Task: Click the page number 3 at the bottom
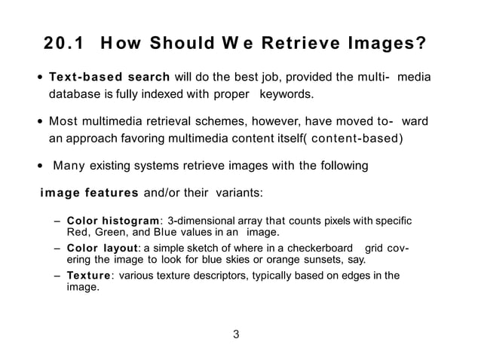(236, 335)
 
